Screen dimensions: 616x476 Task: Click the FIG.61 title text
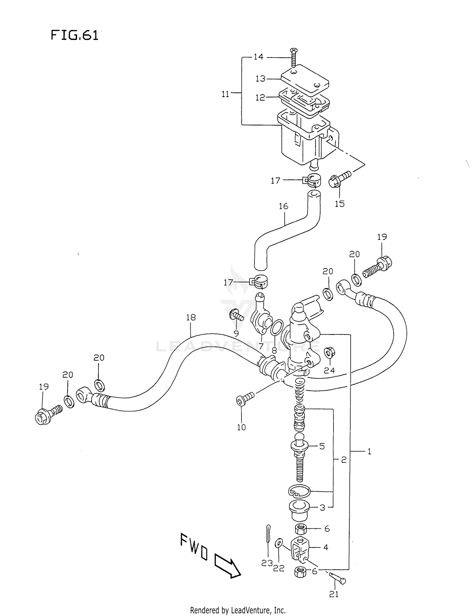[75, 35]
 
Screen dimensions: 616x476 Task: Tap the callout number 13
[260, 79]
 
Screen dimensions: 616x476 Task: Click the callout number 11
[225, 94]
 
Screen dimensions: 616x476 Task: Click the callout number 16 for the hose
[283, 206]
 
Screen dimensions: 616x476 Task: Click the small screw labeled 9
[236, 316]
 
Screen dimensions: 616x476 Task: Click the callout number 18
[191, 317]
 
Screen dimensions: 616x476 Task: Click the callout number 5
[322, 447]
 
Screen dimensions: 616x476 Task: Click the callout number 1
[369, 451]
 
